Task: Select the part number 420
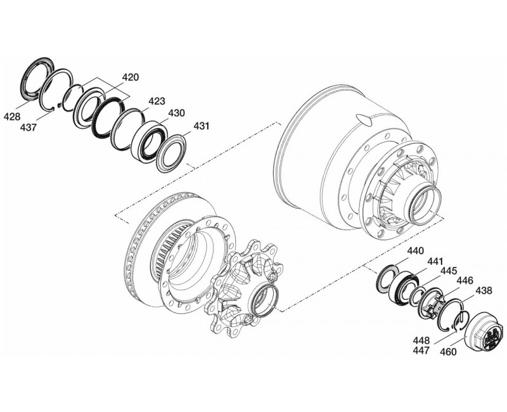click(129, 77)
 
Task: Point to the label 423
click(157, 101)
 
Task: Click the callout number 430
click(176, 113)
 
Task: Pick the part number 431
click(201, 126)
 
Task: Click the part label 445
click(449, 270)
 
